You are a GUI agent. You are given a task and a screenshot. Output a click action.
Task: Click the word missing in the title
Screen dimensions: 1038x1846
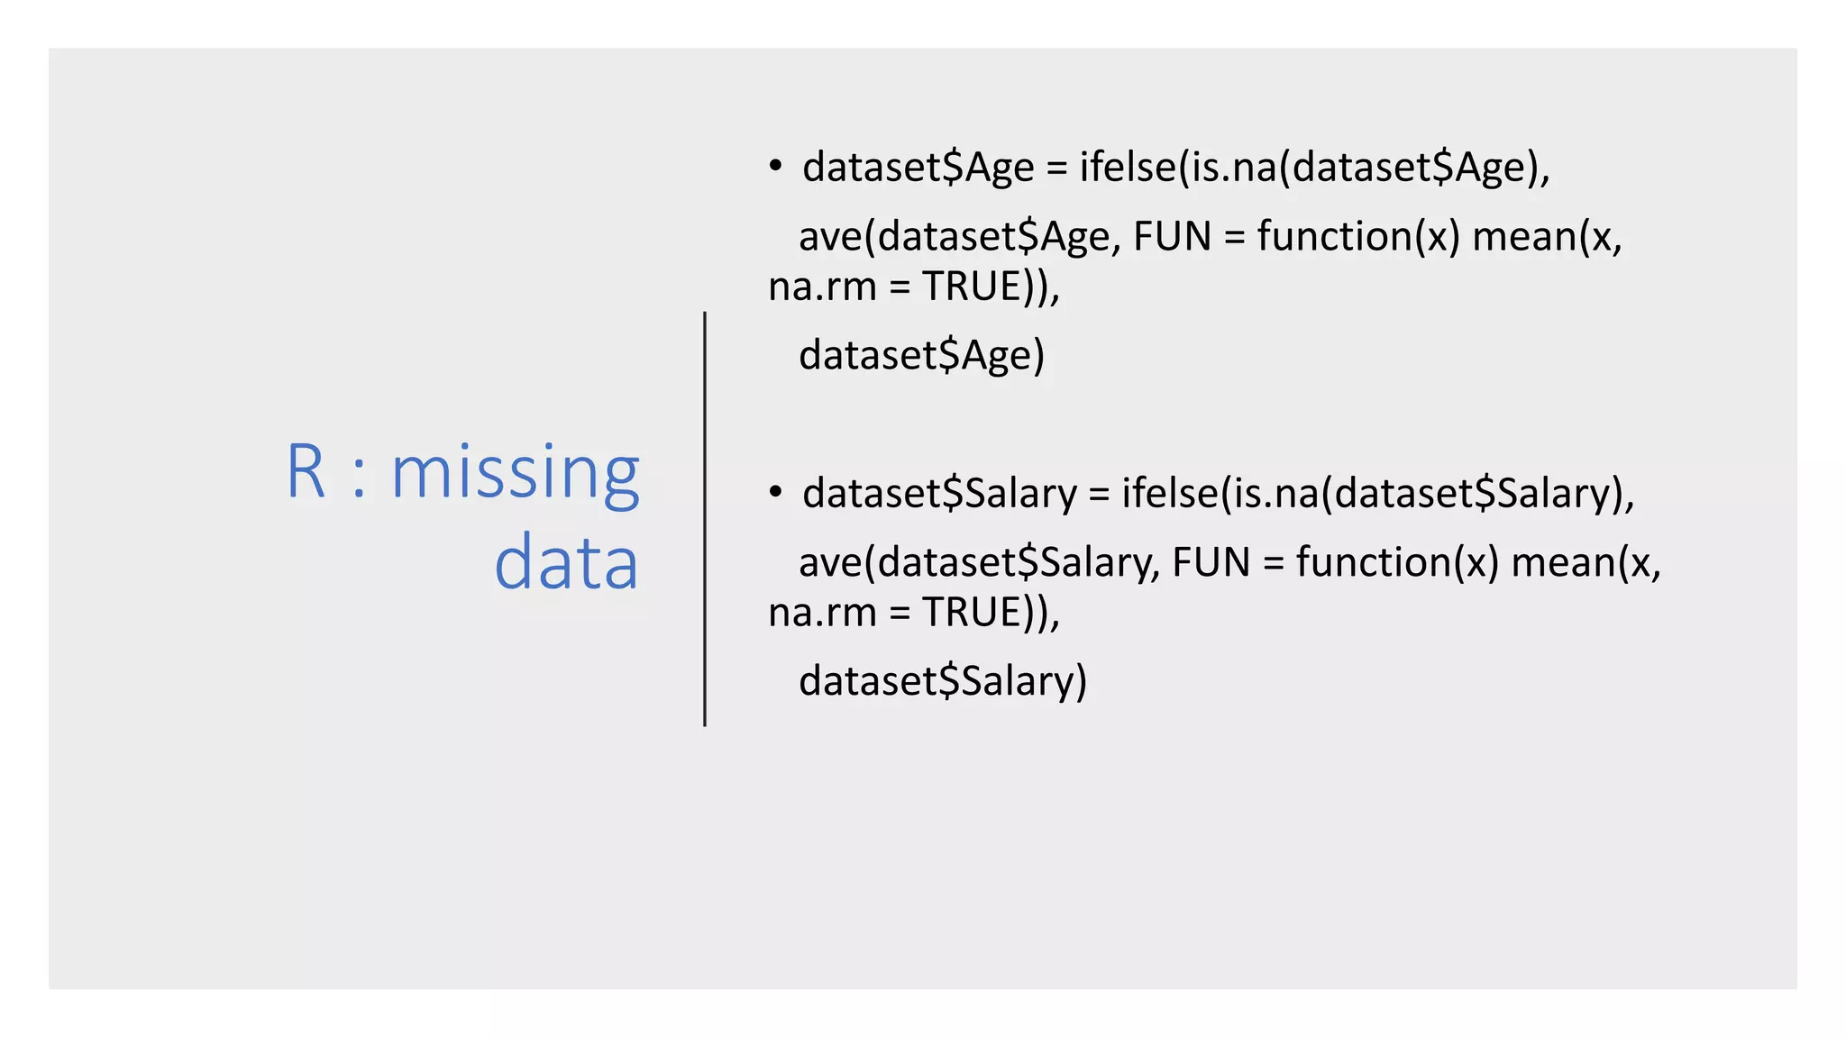[515, 473]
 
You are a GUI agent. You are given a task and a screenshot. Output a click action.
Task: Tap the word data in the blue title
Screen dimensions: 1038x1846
[566, 563]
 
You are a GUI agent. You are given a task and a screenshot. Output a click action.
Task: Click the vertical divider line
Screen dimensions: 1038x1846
[705, 518]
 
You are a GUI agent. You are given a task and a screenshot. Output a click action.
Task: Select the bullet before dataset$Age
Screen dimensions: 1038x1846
[775, 167]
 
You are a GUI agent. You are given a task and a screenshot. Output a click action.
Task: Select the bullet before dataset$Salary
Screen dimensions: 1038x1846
[775, 492]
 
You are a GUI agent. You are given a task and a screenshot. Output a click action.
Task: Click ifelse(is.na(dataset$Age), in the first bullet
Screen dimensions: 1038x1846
[1314, 168]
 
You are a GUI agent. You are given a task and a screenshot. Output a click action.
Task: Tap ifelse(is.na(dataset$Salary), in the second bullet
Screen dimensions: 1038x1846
[1377, 494]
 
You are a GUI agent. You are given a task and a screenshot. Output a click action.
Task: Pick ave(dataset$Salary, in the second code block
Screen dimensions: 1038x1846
[979, 563]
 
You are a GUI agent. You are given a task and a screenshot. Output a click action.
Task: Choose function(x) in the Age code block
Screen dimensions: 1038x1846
[1357, 237]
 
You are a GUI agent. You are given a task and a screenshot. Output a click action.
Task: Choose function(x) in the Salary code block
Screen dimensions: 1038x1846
[1396, 563]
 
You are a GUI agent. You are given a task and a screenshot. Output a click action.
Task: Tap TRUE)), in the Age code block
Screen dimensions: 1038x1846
[991, 287]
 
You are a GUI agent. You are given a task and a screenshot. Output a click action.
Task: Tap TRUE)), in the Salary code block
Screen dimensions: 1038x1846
[991, 613]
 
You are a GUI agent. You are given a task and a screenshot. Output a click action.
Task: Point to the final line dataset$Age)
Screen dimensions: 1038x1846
[921, 355]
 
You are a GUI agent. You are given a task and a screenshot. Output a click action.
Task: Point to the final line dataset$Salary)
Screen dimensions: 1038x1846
[943, 681]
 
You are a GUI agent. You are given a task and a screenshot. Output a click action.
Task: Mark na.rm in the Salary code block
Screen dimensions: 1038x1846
[822, 613]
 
